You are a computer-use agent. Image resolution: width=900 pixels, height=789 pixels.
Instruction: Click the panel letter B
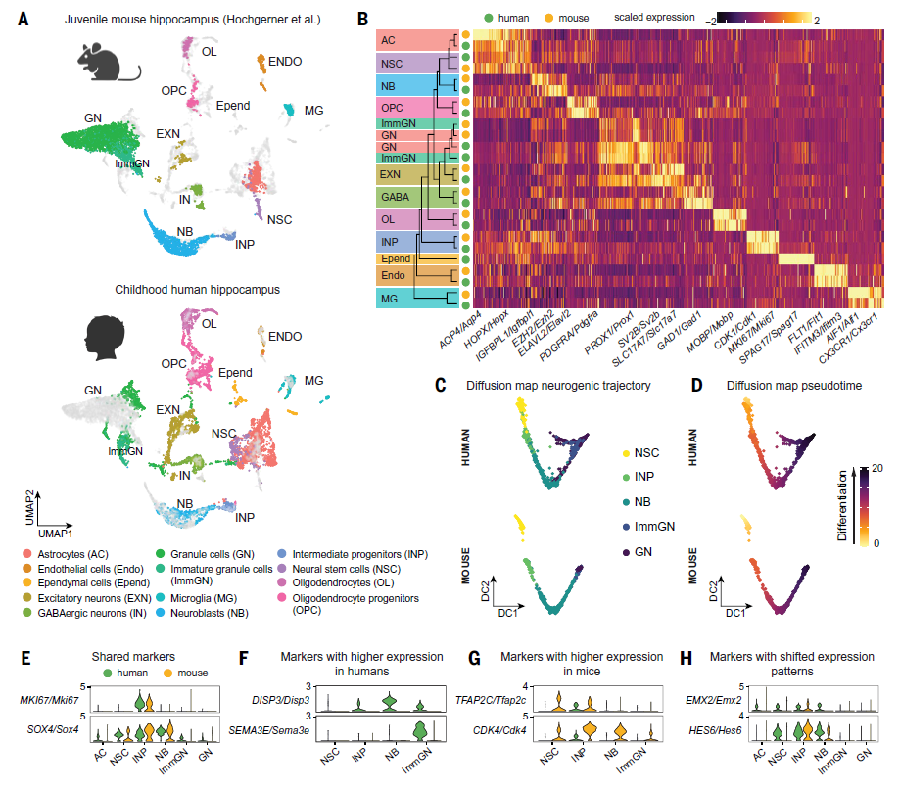tap(363, 19)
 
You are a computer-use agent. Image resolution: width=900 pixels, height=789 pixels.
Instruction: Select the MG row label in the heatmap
tap(390, 297)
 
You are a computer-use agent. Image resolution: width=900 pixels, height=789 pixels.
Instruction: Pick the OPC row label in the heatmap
tap(392, 107)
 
